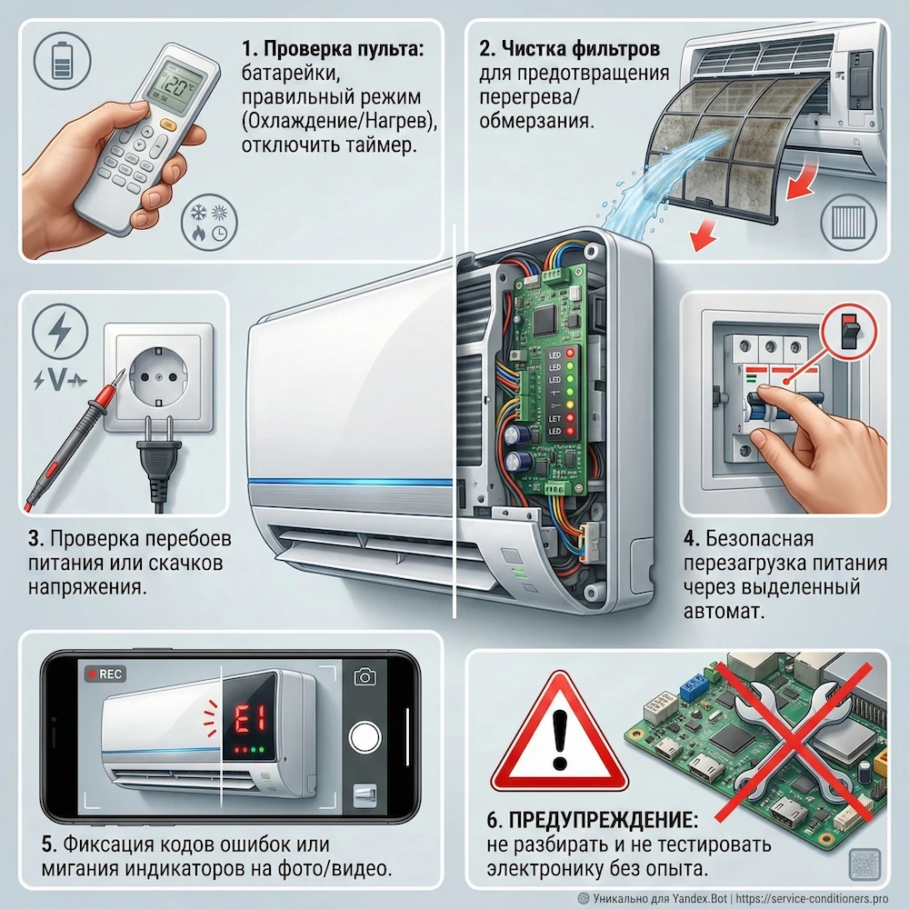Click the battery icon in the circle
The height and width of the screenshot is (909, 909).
click(62, 59)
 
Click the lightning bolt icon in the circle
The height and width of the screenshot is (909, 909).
click(60, 332)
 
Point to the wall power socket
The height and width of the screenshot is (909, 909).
click(158, 378)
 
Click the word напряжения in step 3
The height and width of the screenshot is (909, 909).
click(87, 587)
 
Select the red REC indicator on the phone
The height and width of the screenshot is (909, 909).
click(105, 674)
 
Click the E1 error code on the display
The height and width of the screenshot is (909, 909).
click(250, 721)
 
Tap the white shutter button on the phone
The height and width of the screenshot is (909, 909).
click(365, 737)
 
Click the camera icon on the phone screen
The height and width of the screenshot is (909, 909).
click(365, 676)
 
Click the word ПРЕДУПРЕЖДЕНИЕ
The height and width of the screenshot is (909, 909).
click(604, 820)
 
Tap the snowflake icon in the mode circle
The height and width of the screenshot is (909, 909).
click(199, 214)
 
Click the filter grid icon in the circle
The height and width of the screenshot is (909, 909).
click(849, 223)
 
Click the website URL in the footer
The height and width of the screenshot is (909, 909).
click(812, 899)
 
